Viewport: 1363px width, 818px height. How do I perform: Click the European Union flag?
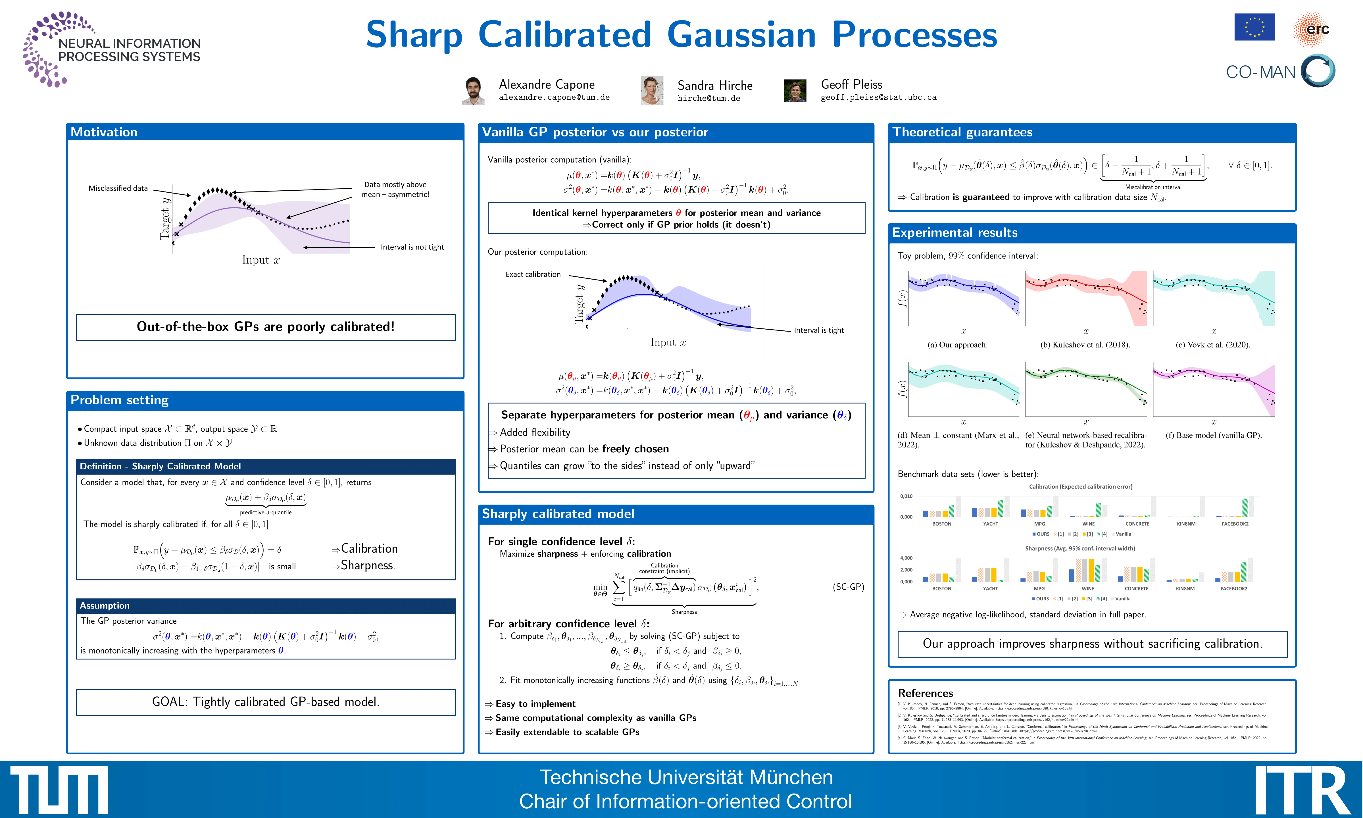click(1254, 27)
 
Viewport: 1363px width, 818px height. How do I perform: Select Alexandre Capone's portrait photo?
click(473, 91)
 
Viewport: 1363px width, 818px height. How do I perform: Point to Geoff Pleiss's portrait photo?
click(795, 91)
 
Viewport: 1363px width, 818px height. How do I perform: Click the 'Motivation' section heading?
click(104, 132)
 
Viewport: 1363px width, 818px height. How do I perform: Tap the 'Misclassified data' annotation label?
click(118, 188)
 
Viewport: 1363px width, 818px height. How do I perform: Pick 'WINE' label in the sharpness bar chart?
click(1087, 589)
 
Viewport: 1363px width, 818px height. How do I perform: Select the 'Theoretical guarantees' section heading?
click(962, 132)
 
